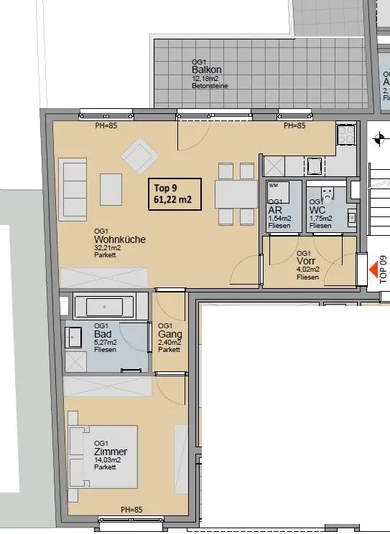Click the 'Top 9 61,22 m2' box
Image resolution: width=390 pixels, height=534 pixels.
point(173,194)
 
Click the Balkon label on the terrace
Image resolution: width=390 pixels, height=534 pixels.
point(207,70)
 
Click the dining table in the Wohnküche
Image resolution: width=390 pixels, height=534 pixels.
point(236,192)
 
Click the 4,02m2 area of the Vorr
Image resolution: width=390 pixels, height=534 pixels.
point(307,270)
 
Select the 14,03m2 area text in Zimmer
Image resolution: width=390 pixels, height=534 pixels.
point(107,461)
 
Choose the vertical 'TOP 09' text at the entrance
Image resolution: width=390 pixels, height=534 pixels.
point(383,269)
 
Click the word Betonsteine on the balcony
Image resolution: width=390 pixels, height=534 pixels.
point(208,86)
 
